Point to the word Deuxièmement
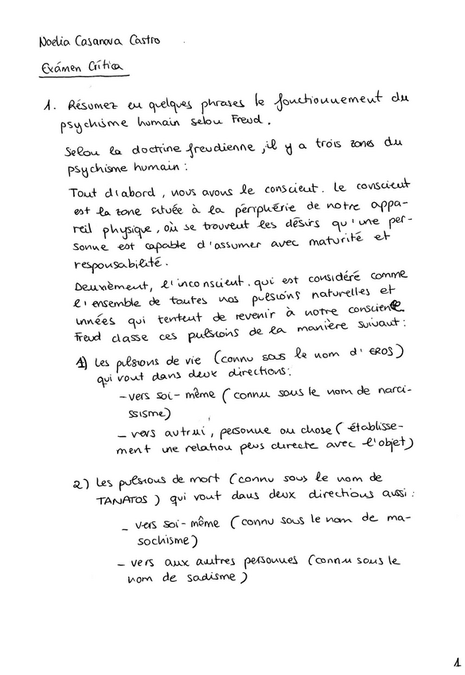pos(107,286)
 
